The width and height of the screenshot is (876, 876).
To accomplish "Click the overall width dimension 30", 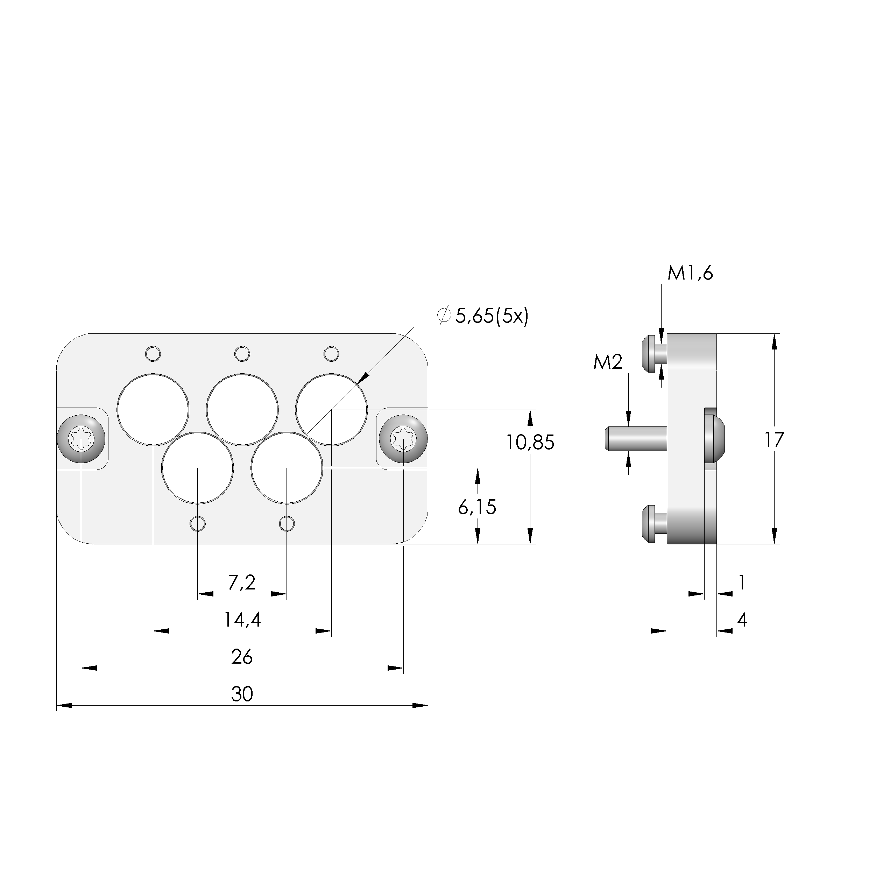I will point(242,694).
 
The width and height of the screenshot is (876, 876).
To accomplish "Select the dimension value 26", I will point(242,657).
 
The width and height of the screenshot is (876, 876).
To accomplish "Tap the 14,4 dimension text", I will point(242,620).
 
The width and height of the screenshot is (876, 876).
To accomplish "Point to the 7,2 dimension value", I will point(242,582).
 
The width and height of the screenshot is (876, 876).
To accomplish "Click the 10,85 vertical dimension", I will point(530,443).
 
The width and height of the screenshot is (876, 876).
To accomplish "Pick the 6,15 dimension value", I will point(477,507).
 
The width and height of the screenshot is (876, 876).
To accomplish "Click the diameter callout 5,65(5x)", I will point(491,316).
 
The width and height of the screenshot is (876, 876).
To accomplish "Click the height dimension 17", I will point(774,440).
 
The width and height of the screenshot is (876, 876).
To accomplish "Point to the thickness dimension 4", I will point(742,619).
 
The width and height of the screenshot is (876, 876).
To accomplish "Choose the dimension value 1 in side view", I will point(742,582).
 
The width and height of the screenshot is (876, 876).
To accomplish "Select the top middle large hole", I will point(242,409).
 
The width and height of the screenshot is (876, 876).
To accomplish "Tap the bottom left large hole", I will point(198,468).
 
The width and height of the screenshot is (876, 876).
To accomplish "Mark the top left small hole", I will point(153,353).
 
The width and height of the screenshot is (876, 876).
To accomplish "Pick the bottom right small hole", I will point(287,524).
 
